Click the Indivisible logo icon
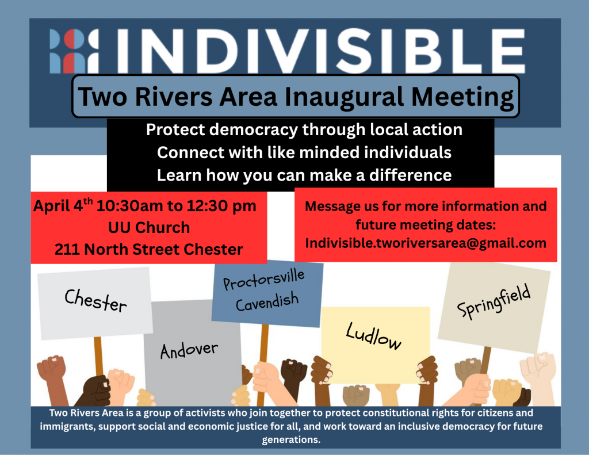click(x=74, y=51)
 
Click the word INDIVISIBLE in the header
click(x=321, y=51)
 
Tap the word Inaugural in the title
click(x=344, y=97)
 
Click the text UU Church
click(x=149, y=228)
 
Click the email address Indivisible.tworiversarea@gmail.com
click(x=426, y=243)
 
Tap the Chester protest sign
click(x=95, y=303)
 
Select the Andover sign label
click(x=189, y=350)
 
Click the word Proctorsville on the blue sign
click(x=263, y=280)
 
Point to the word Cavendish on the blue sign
click(x=267, y=302)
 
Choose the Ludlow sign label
click(x=373, y=336)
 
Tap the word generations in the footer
click(x=291, y=440)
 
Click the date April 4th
click(x=63, y=205)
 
